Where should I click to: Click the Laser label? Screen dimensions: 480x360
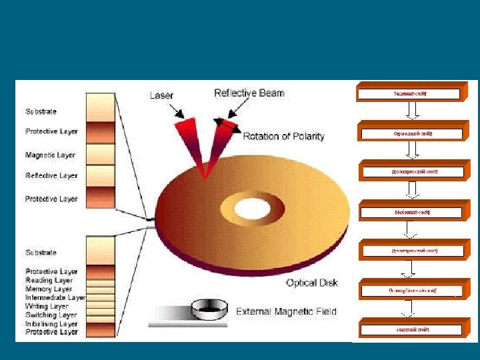coord(162,95)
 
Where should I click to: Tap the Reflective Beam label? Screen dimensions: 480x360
coord(249,93)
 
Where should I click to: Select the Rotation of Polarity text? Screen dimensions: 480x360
coord(283,137)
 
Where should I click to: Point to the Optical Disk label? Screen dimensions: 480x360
coord(311,283)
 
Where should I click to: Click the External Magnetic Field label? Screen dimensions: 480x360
coord(286,311)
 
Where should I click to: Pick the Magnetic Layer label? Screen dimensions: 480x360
coord(50,155)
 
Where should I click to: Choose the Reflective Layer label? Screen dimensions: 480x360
coord(51,176)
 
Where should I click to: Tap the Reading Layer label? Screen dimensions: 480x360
coord(49,281)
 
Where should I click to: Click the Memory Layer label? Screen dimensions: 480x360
coord(49,289)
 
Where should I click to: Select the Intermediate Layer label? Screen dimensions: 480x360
coord(55,298)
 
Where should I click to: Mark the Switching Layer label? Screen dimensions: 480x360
coord(51,315)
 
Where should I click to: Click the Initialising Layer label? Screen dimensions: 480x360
coord(51,323)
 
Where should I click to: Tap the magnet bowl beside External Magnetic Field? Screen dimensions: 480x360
coord(208,309)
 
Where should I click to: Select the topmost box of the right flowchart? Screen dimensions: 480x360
coord(409,94)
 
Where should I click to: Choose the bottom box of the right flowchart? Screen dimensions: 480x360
coord(411,329)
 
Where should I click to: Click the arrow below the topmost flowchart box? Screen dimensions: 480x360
coord(411,111)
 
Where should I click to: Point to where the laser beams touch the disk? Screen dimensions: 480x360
coord(207,177)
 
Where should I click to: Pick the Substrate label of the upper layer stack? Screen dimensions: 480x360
coord(41,111)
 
